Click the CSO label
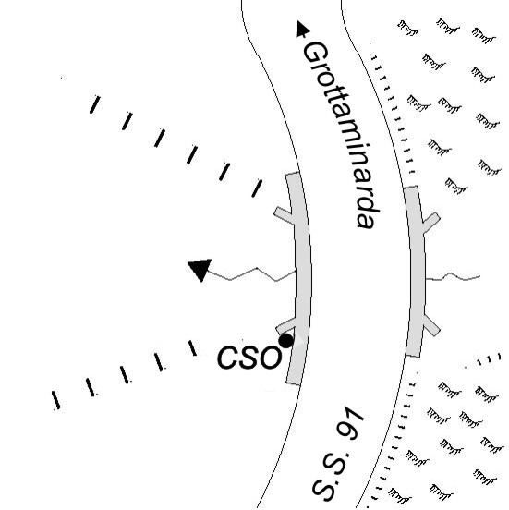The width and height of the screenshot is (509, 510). (x=248, y=358)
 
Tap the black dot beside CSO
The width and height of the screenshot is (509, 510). (x=285, y=341)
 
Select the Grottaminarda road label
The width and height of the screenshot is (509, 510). (x=341, y=136)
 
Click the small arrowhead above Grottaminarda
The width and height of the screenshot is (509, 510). (x=302, y=30)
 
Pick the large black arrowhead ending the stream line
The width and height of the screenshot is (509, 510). (x=200, y=269)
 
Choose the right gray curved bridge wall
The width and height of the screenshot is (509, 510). (x=416, y=272)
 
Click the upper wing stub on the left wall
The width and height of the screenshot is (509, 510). (x=284, y=215)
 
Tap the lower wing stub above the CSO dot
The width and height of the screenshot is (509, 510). (x=285, y=326)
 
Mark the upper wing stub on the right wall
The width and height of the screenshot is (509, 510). (x=431, y=222)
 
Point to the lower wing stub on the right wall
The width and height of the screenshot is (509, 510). (x=431, y=325)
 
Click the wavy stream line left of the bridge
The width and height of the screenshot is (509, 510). (x=251, y=274)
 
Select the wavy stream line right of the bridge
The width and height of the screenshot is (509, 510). (x=453, y=277)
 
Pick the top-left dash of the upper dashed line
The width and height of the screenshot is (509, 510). (x=94, y=104)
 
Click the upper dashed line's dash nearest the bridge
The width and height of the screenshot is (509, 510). (x=257, y=188)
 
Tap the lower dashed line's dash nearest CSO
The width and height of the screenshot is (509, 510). (x=192, y=348)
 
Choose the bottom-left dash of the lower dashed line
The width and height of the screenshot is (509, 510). (x=56, y=400)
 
